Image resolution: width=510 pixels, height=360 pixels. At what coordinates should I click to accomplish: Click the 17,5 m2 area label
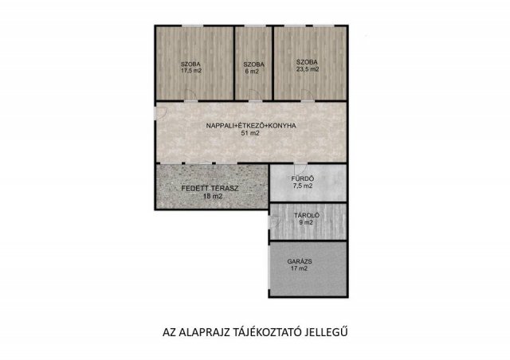tap(191, 70)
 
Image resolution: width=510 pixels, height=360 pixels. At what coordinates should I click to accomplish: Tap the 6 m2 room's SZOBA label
tap(253, 65)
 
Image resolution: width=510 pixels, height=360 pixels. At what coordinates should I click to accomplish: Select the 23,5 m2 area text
tap(308, 69)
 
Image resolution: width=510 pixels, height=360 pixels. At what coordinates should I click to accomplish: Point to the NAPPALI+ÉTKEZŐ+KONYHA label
tap(251, 126)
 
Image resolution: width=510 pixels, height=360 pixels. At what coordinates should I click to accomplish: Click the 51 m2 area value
tap(250, 133)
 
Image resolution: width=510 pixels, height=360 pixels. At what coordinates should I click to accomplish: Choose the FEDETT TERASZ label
tap(210, 188)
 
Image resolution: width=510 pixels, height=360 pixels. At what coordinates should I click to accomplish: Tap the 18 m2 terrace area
tap(213, 196)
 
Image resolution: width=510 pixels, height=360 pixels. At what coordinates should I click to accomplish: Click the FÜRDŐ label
tap(303, 178)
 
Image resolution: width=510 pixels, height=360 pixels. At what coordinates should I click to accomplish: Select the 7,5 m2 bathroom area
tap(303, 186)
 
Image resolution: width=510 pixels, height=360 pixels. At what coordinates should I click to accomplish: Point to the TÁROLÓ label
tap(307, 215)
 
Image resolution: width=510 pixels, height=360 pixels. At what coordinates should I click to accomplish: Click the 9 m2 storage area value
tap(306, 223)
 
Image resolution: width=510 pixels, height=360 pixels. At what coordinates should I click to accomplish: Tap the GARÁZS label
tap(300, 261)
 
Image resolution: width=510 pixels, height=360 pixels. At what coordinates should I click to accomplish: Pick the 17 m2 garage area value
tap(300, 268)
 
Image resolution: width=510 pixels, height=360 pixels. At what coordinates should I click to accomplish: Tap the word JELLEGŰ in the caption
tap(327, 332)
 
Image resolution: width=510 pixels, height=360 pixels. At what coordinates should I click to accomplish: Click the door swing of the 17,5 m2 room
tap(190, 95)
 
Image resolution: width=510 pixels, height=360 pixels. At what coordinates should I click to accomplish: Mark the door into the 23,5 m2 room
tap(308, 95)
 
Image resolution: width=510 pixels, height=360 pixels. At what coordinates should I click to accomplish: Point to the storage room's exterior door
tap(275, 222)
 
